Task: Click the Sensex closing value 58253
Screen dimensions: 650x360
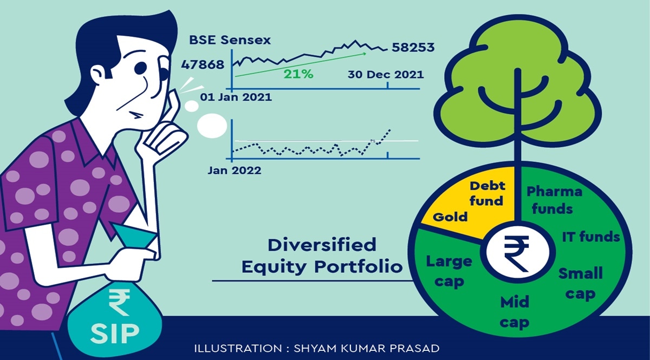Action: (x=413, y=47)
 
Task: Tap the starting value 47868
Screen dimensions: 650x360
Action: (x=203, y=64)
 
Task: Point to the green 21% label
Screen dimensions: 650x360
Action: (x=298, y=74)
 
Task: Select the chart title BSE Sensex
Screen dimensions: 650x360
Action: (x=230, y=40)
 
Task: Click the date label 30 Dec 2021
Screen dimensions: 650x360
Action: (x=386, y=75)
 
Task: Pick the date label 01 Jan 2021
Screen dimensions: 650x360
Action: (x=236, y=97)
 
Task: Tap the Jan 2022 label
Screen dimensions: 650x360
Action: (x=235, y=171)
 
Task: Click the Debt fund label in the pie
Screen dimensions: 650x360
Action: (x=487, y=193)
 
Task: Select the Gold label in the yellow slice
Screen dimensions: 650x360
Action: (x=450, y=217)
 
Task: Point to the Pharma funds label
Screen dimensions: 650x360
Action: (x=554, y=200)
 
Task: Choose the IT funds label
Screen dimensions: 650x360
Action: (x=591, y=237)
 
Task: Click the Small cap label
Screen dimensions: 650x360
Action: (x=580, y=284)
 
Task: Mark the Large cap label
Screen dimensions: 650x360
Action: (x=449, y=272)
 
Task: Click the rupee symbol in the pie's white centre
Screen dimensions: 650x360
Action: (x=516, y=253)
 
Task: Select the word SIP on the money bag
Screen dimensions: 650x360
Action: (x=115, y=333)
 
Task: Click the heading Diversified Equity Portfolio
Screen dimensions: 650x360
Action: (x=322, y=256)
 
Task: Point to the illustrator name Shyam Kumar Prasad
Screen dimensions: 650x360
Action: (x=367, y=348)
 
